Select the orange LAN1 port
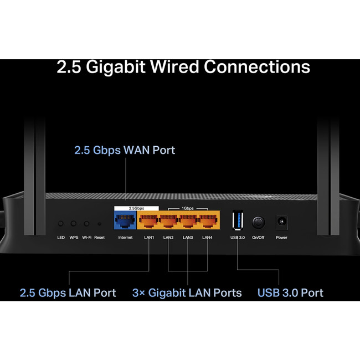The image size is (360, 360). [149, 223]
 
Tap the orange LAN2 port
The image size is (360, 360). [168, 223]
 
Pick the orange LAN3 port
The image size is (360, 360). [188, 223]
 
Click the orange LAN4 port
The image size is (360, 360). [207, 223]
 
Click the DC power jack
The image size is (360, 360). [281, 223]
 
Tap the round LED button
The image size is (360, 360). [61, 224]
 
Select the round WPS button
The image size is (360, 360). [74, 224]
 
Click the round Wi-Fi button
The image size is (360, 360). [87, 224]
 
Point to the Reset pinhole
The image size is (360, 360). [99, 224]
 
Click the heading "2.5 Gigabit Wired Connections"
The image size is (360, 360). [183, 67]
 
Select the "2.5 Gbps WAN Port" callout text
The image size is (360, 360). [125, 150]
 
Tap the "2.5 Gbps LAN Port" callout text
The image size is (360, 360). [68, 292]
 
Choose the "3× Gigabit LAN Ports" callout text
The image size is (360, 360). [187, 292]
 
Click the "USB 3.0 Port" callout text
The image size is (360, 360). [290, 292]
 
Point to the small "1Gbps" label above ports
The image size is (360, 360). [188, 209]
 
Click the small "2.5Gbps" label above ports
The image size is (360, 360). [125, 208]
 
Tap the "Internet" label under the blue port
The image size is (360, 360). [125, 238]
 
